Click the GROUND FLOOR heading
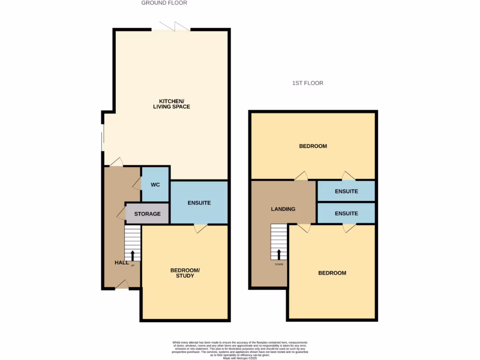click(x=164, y=3)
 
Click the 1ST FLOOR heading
click(x=307, y=83)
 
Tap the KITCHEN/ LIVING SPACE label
click(x=172, y=104)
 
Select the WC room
click(x=155, y=185)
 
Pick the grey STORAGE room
click(x=147, y=214)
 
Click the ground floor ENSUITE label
click(x=199, y=203)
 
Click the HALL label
click(x=121, y=262)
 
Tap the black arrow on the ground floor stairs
click(x=133, y=255)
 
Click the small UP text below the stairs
click(x=133, y=265)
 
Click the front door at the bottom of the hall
click(x=121, y=285)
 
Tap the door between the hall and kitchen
click(x=116, y=162)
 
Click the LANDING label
click(x=283, y=209)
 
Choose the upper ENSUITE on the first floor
click(x=346, y=191)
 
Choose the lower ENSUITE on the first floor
click(x=346, y=213)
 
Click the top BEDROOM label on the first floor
click(x=313, y=146)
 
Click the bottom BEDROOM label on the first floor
click(x=332, y=273)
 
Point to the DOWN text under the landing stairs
click(x=279, y=264)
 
